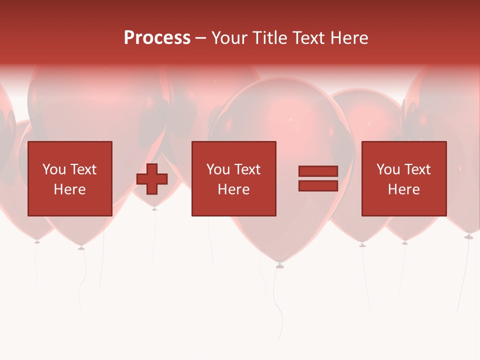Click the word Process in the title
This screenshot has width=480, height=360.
click(x=157, y=38)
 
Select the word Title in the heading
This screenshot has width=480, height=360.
click(x=269, y=38)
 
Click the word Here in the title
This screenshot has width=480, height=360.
click(x=349, y=38)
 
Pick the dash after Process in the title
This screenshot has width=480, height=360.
click(x=200, y=38)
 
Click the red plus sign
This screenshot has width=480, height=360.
click(x=152, y=179)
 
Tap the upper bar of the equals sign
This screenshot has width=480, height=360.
click(x=318, y=171)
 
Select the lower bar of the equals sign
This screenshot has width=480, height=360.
click(x=318, y=186)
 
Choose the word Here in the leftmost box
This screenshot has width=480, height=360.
click(x=69, y=189)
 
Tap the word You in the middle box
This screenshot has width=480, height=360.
click(x=218, y=169)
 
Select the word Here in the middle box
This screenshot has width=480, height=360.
click(x=233, y=189)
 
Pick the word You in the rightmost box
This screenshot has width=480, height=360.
click(x=388, y=169)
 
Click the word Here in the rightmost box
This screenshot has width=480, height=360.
click(x=403, y=189)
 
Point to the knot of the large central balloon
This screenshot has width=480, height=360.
click(x=280, y=265)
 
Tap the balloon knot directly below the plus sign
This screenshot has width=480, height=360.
click(x=154, y=208)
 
